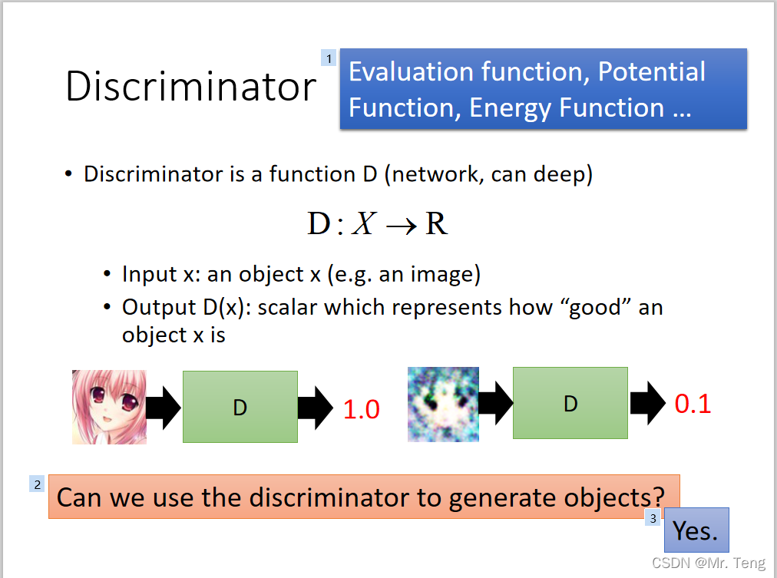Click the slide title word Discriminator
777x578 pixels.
190,86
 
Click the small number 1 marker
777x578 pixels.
329,58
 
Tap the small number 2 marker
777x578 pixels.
37,484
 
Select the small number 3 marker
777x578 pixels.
653,518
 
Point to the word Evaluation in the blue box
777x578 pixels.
412,72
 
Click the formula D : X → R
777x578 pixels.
377,223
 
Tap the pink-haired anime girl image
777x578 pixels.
109,407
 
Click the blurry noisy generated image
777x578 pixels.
443,404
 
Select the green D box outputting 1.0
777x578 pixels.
240,407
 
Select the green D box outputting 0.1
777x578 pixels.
570,404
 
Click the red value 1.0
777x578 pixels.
361,410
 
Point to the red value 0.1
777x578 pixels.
693,404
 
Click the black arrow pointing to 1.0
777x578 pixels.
315,407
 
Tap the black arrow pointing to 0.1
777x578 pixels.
647,404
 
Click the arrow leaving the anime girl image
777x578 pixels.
164,407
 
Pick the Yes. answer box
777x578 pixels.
696,530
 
